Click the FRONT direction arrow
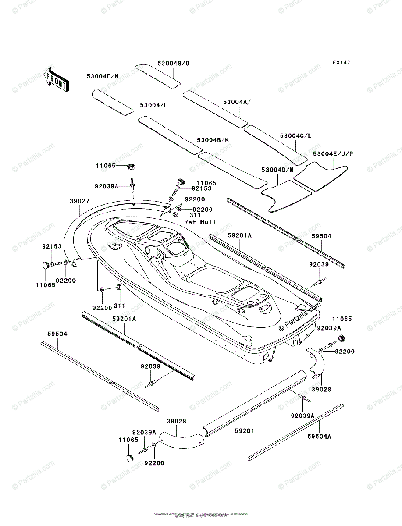click(56, 78)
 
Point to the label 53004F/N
click(102, 76)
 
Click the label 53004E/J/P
click(333, 153)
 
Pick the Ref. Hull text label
click(200, 222)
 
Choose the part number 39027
click(79, 201)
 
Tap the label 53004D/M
click(277, 170)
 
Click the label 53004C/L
click(295, 136)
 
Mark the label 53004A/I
click(238, 102)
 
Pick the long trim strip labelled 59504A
click(296, 431)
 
